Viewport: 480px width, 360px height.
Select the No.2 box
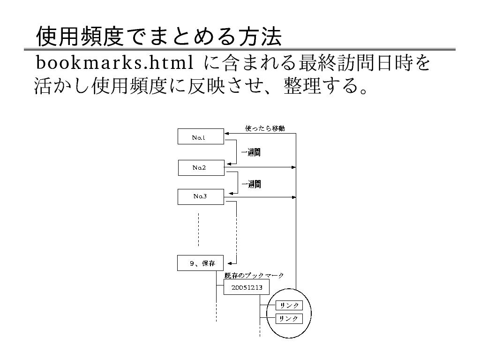tap(201, 167)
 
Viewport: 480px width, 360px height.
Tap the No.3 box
tap(201, 196)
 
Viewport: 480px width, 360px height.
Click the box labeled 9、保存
tap(201, 263)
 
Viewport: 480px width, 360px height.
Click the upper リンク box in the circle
tap(289, 306)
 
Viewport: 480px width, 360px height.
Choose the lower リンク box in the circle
tap(289, 319)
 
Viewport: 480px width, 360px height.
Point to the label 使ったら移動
tap(265, 128)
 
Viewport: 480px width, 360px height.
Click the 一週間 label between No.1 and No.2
tap(251, 152)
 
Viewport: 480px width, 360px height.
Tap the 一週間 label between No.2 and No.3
tap(251, 185)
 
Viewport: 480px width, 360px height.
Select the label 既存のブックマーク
tap(254, 276)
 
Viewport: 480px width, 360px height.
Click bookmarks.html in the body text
tap(114, 63)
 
